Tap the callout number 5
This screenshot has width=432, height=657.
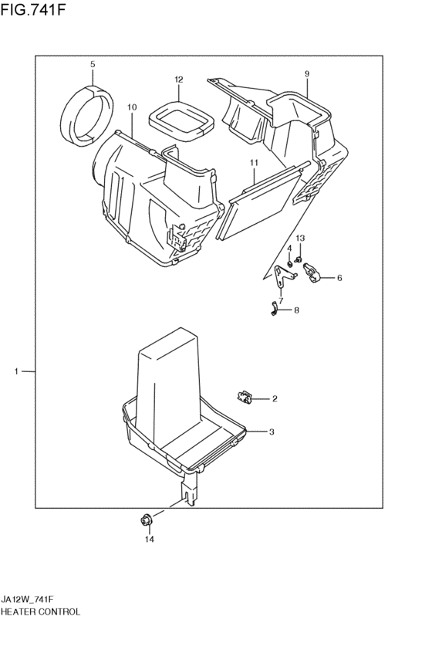(x=92, y=64)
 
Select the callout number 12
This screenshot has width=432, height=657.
(x=178, y=80)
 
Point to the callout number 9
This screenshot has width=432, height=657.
(x=306, y=73)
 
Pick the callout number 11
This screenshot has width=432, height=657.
(x=252, y=162)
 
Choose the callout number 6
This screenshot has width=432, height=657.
(x=339, y=278)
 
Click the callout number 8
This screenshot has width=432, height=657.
(x=297, y=310)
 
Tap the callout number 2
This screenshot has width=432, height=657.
(x=274, y=399)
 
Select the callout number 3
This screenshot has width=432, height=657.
(x=272, y=432)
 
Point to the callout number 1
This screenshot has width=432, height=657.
(x=16, y=372)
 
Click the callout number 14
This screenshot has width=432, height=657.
(x=150, y=540)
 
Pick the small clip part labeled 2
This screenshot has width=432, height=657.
(x=246, y=397)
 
